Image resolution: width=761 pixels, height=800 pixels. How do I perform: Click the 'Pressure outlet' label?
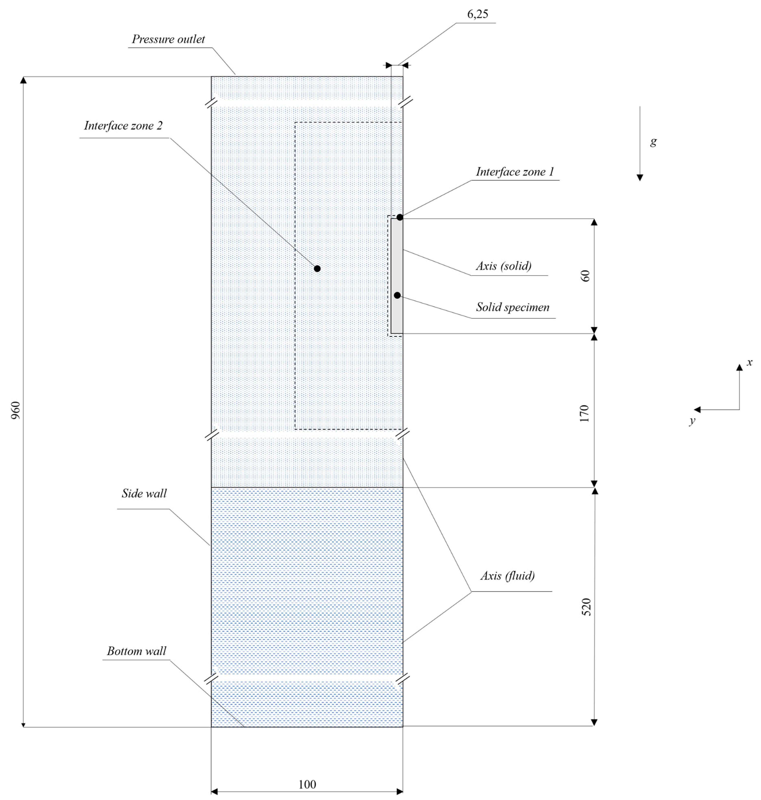pyautogui.click(x=168, y=39)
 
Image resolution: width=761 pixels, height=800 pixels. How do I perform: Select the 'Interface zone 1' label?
pyautogui.click(x=515, y=172)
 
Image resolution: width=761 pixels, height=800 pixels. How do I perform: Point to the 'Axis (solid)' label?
pyautogui.click(x=503, y=266)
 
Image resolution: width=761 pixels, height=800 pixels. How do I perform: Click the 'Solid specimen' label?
pyautogui.click(x=513, y=307)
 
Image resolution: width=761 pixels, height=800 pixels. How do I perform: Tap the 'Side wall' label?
pyautogui.click(x=144, y=494)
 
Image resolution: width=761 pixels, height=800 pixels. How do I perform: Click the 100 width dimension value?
pyautogui.click(x=307, y=784)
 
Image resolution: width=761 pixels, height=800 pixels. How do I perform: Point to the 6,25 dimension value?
pyautogui.click(x=477, y=14)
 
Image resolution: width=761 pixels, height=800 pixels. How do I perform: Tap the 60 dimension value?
pyautogui.click(x=585, y=276)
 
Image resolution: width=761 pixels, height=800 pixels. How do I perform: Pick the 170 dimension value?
pyautogui.click(x=584, y=413)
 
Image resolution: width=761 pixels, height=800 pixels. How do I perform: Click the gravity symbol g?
pyautogui.click(x=653, y=142)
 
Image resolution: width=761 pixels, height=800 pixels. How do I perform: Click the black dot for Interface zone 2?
pyautogui.click(x=317, y=269)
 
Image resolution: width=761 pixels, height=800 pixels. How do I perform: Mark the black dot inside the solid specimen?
pyautogui.click(x=397, y=295)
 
